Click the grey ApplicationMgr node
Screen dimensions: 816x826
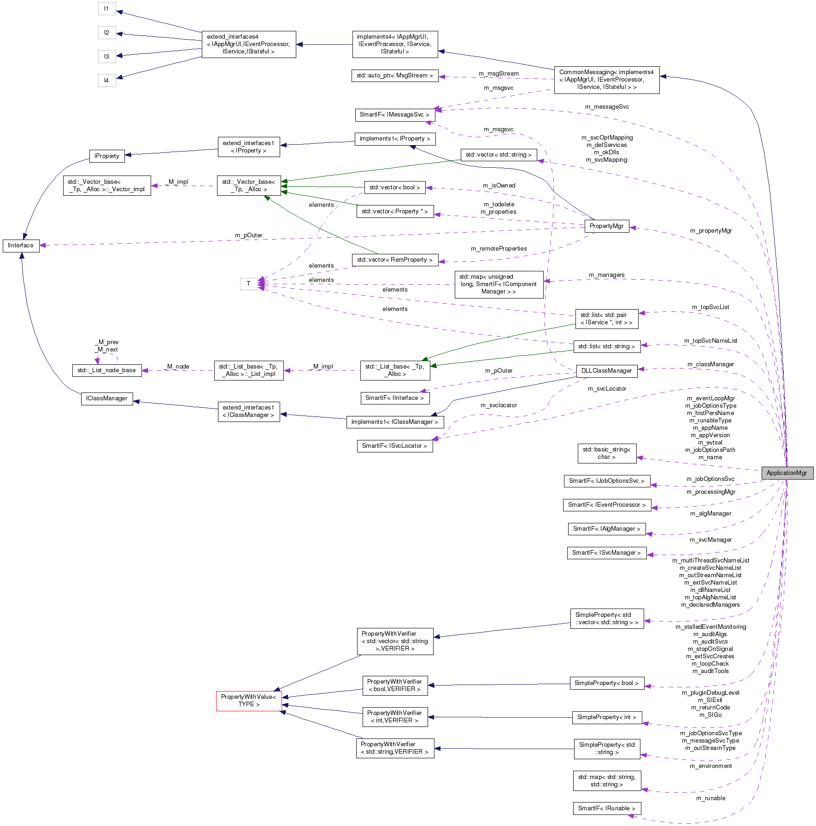[x=787, y=473]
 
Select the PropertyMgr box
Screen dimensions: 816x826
[x=606, y=226]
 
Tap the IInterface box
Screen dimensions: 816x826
[x=21, y=246]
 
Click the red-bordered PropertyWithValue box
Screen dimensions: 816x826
[x=248, y=700]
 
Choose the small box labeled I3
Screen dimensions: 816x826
[x=106, y=56]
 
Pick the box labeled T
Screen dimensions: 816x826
[x=248, y=283]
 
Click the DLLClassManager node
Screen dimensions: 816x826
[x=606, y=370]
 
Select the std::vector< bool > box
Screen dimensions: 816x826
[x=394, y=187]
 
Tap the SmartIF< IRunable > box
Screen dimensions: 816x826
[x=606, y=808]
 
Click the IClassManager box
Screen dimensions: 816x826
[x=106, y=398]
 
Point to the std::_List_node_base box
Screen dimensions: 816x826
[x=106, y=370]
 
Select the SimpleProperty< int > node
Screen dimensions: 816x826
[x=606, y=717]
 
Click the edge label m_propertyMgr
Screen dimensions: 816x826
[x=710, y=231]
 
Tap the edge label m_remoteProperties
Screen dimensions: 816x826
[x=499, y=249]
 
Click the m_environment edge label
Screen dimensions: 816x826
[x=710, y=766]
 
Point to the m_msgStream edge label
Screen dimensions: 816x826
[x=499, y=74]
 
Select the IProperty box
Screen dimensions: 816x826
[x=106, y=156]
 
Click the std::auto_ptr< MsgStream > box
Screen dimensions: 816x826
[x=394, y=76]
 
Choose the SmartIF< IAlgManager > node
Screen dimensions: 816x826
[x=606, y=528]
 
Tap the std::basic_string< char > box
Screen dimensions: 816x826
[x=606, y=453]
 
